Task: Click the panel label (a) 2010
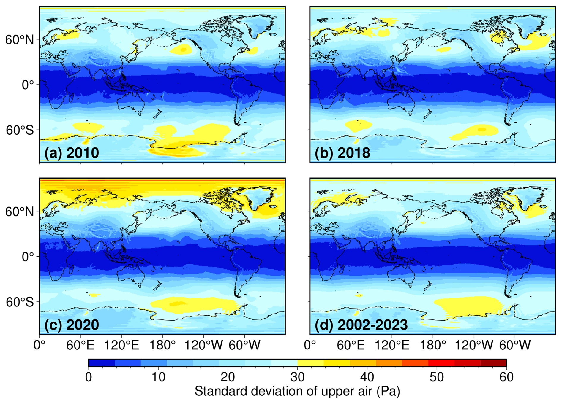click(x=72, y=153)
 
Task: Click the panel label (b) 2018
click(x=342, y=153)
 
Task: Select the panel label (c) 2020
click(x=72, y=325)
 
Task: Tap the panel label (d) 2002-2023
click(x=361, y=325)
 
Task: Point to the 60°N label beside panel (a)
click(x=20, y=39)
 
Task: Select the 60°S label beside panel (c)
click(x=20, y=302)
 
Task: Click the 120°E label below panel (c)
click(x=122, y=345)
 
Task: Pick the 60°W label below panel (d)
click(x=514, y=345)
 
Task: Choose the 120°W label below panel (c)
click(x=203, y=345)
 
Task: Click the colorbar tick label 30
click(x=297, y=377)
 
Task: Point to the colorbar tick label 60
click(x=506, y=377)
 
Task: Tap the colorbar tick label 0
click(x=89, y=377)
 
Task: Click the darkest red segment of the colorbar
click(x=493, y=363)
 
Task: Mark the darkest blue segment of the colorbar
click(x=102, y=363)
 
